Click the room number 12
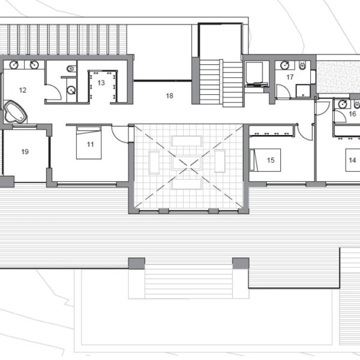(23, 90)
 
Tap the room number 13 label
(101, 83)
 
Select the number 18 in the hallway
(169, 96)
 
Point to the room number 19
(25, 152)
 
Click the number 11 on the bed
(90, 145)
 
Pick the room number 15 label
(271, 160)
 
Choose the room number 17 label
(290, 77)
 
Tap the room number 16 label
(352, 114)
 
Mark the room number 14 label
(352, 160)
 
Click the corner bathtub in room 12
(15, 112)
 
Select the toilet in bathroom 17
(302, 65)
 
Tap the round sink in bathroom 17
(285, 65)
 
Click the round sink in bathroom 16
(343, 104)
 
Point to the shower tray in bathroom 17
(303, 91)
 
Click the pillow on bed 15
(253, 160)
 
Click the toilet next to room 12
(71, 68)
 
